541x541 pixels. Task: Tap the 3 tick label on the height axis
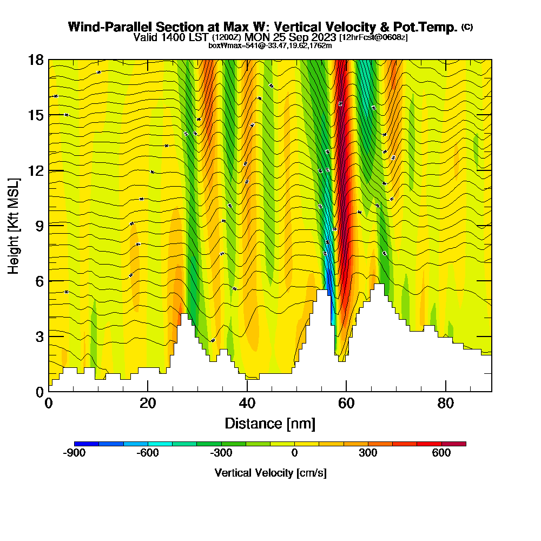39,336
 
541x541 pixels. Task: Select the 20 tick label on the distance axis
148,403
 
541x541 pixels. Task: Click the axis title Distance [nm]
270,423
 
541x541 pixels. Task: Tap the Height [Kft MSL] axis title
14,225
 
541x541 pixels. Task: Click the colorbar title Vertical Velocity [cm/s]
270,473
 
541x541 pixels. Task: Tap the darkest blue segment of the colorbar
87,444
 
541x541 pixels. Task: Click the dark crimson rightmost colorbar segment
454,444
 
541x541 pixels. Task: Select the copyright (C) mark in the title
467,27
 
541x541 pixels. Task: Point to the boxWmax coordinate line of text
270,45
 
